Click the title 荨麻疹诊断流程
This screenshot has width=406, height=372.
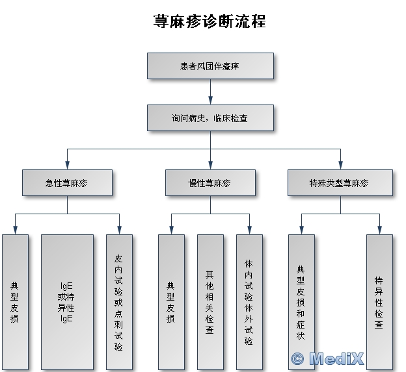pos(209,21)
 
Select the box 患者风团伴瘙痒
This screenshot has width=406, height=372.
pos(210,66)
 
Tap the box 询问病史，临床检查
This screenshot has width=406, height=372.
pos(210,119)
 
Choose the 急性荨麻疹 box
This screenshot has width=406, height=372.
pos(66,183)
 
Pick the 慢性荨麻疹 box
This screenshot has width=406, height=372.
pos(210,183)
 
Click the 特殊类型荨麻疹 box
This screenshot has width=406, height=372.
pos(340,183)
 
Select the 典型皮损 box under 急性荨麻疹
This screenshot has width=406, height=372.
pos(15,301)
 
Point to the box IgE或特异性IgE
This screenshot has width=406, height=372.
pos(66,301)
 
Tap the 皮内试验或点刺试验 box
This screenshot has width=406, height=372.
pos(119,301)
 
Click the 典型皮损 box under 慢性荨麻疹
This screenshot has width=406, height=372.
pos(171,301)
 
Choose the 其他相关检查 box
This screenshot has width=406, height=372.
pos(210,301)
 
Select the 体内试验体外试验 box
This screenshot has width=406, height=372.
pos(249,301)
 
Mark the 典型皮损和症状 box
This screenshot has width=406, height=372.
pos(301,301)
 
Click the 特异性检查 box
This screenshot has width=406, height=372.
pos(379,301)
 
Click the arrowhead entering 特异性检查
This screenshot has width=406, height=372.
pos(379,230)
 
